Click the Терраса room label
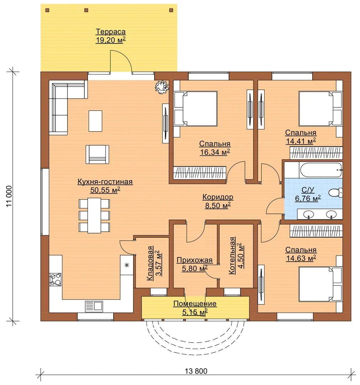pos(111,32)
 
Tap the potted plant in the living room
pos(162,87)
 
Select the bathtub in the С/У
pos(321,170)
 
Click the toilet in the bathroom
pos(335,192)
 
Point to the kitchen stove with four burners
pos(55,279)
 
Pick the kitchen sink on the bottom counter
pos(94,306)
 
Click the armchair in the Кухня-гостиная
pos(97,154)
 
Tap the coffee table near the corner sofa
pos(95,121)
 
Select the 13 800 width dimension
pos(196,371)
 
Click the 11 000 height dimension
pos(9,196)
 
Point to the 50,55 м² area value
pos(105,190)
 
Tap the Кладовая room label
pos(150,263)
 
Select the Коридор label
pos(218,197)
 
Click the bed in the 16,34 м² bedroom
pos(196,108)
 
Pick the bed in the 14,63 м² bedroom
pos(320,284)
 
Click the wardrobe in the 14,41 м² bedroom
pos(316,153)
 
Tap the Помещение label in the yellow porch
pos(195,304)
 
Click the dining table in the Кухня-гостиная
pos(94,215)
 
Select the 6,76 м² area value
pos(308,198)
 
